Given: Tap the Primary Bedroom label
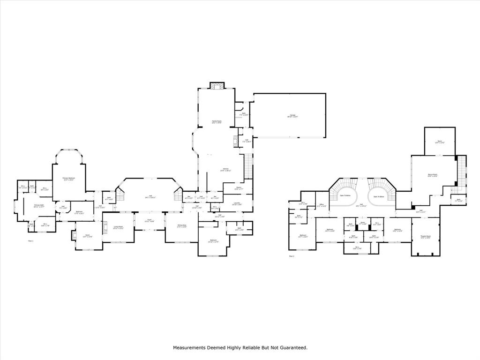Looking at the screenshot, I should (69, 179).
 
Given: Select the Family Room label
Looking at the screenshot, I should (216, 121).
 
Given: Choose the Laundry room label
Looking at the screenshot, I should (237, 203).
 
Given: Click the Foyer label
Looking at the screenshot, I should (150, 220).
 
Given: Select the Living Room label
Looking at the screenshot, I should (118, 227).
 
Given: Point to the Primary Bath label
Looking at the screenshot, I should (38, 206).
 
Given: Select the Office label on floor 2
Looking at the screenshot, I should (322, 205).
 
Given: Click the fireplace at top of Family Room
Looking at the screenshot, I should (217, 86).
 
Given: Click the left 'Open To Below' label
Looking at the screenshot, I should (345, 196).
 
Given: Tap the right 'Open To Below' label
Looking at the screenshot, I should (379, 196).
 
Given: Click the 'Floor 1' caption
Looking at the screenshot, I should (31, 241).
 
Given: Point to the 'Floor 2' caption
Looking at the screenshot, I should (292, 256).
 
